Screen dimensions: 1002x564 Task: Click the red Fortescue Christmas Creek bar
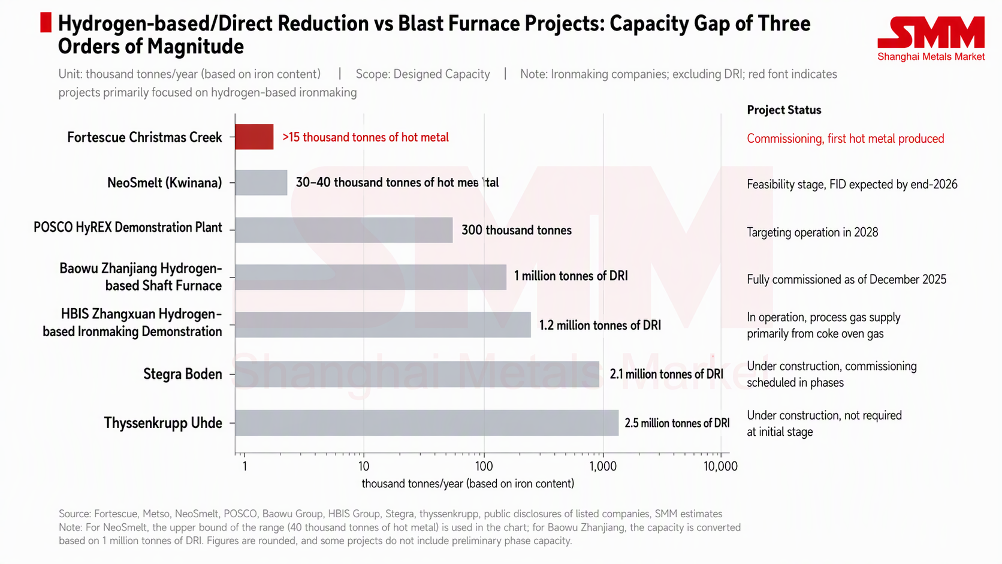[x=254, y=137]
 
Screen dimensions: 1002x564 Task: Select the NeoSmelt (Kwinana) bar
[x=261, y=182]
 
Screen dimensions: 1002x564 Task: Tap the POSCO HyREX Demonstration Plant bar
[x=344, y=230]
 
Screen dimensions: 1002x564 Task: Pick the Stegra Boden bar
[x=417, y=374]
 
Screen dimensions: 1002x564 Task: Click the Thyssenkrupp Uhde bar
[x=427, y=423]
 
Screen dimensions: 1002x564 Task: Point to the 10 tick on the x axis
[x=364, y=466]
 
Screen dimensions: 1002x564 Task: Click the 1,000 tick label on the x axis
[x=603, y=466]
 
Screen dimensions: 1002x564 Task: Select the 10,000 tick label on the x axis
[x=720, y=466]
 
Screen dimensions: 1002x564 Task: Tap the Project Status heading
[x=784, y=110]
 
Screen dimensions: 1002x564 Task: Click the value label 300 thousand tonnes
[x=517, y=230]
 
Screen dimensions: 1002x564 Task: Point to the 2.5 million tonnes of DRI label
[x=677, y=423]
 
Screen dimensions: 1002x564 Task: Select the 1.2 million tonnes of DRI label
[x=600, y=325]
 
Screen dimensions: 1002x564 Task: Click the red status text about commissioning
[x=846, y=138]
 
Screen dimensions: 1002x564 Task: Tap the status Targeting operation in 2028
[x=813, y=232]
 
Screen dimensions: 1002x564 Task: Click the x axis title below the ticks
[x=468, y=484]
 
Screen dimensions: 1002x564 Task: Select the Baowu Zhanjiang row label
[x=140, y=277]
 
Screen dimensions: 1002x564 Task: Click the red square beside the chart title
[x=46, y=22]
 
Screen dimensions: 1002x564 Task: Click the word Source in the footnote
[x=75, y=514]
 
